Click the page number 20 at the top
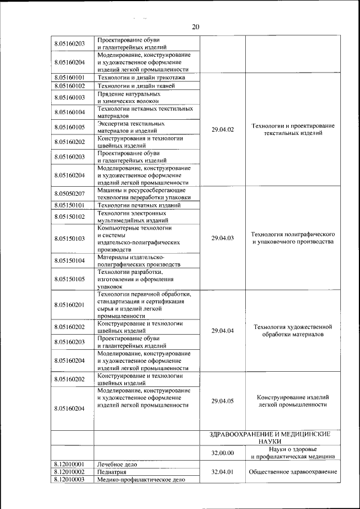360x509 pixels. click(196, 27)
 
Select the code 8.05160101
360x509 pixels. click(70, 78)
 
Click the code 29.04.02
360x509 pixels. click(222, 130)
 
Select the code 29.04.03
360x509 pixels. click(222, 238)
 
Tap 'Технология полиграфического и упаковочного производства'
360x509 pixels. click(293, 238)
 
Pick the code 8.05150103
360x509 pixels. click(70, 238)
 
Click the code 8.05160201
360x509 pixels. click(70, 305)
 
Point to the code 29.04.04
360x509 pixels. click(222, 330)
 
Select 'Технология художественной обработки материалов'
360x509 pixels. click(293, 330)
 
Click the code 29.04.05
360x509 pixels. click(222, 401)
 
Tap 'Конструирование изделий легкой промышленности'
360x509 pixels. click(293, 400)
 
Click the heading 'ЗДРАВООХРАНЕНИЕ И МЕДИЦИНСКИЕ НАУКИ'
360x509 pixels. click(269, 438)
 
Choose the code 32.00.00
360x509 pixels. click(222, 453)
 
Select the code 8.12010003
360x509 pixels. click(70, 480)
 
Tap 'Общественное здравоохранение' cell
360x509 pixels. click(293, 472)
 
